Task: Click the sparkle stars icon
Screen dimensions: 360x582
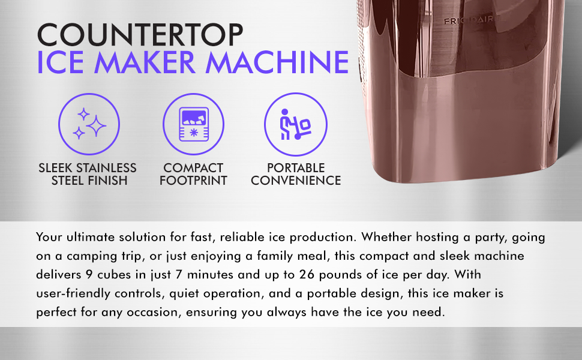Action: [89, 124]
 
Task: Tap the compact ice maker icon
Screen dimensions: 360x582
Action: [193, 124]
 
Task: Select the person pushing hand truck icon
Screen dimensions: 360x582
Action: [296, 124]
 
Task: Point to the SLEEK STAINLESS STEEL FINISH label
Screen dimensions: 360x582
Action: [88, 174]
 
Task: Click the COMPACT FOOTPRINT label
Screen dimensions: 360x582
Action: [193, 174]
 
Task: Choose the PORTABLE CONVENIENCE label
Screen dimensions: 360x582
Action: [296, 174]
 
